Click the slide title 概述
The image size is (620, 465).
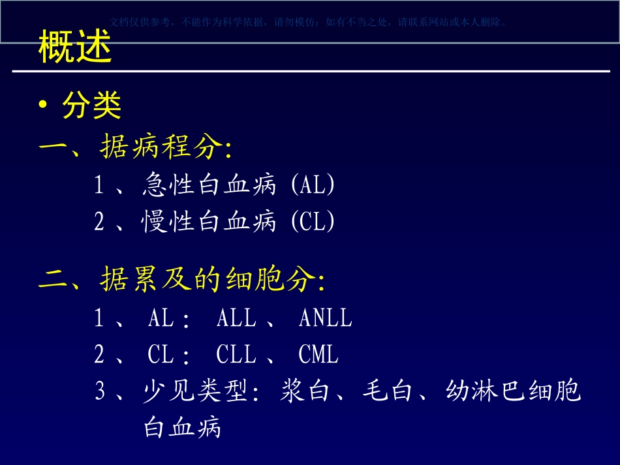[75, 47]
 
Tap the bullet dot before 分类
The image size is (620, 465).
[43, 106]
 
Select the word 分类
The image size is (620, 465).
[92, 106]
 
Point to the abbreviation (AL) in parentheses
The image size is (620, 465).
[312, 186]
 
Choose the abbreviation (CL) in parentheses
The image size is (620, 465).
[312, 222]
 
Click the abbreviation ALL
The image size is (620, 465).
[236, 318]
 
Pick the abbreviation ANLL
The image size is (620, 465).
[325, 318]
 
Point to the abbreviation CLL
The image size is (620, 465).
[236, 355]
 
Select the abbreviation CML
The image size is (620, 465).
[318, 355]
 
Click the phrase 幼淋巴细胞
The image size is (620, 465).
[513, 391]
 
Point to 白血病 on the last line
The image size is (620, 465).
[183, 428]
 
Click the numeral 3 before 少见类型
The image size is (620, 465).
[100, 391]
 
